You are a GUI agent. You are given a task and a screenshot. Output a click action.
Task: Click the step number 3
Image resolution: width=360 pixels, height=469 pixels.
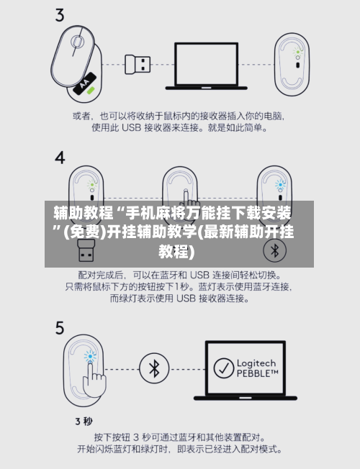(60, 15)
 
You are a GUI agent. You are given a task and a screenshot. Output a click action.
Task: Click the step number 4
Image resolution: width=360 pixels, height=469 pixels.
(60, 158)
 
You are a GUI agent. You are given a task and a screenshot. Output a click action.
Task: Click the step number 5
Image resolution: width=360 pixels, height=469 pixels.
(60, 328)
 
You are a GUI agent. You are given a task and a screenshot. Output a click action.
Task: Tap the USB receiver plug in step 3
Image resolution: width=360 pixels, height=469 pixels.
(138, 64)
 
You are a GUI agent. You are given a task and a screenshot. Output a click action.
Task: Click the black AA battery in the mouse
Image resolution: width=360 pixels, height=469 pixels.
(85, 83)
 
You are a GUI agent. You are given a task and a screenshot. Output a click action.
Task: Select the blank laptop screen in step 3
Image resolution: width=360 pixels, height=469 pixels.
(207, 64)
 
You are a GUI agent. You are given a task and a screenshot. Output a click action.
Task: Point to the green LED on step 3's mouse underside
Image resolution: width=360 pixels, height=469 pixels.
(297, 52)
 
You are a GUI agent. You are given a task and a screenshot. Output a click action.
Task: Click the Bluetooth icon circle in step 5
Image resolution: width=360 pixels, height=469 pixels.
(154, 368)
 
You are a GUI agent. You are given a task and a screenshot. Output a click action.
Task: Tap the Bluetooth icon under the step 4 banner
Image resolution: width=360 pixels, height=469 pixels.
(274, 250)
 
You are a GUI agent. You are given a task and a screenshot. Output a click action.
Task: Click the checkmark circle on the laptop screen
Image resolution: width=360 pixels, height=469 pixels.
(224, 368)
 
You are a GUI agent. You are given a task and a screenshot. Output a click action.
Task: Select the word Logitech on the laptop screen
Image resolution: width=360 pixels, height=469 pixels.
(256, 363)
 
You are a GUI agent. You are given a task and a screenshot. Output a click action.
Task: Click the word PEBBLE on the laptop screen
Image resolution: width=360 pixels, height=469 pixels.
(253, 373)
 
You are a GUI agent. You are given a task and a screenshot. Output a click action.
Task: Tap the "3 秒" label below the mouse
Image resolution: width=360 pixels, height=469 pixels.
(84, 422)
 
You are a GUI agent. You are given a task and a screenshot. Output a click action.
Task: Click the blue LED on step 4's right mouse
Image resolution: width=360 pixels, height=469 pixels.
(280, 185)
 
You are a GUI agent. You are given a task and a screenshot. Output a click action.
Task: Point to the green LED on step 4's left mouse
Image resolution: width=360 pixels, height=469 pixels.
(92, 185)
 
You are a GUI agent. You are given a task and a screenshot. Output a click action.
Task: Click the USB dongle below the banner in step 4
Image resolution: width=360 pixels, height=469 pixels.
(86, 250)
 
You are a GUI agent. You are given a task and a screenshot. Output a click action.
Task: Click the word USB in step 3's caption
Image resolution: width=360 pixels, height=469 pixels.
(131, 128)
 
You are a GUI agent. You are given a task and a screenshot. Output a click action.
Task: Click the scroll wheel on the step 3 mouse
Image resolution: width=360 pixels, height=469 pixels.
(77, 42)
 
